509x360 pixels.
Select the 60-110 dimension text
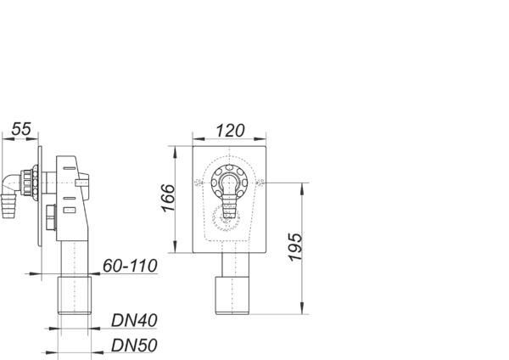130,267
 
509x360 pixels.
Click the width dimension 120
230,130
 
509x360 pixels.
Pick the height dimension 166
168,200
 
